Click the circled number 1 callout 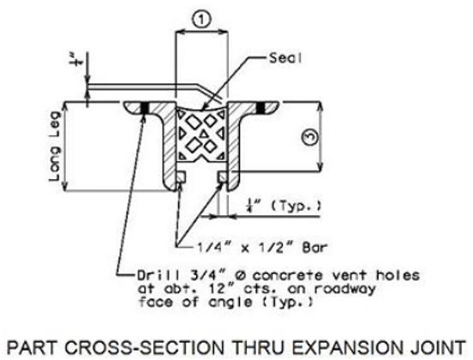[201, 20]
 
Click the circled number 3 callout [310, 138]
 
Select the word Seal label [285, 57]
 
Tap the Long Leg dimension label [55, 146]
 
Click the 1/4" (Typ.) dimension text [283, 206]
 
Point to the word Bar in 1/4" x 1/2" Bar [314, 248]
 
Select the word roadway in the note [344, 289]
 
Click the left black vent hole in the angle [145, 108]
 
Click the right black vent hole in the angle [260, 108]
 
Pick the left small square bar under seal [181, 177]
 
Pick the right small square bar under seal [223, 177]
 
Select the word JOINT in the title [436, 348]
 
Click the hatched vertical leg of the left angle [170, 148]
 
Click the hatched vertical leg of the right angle [234, 148]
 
